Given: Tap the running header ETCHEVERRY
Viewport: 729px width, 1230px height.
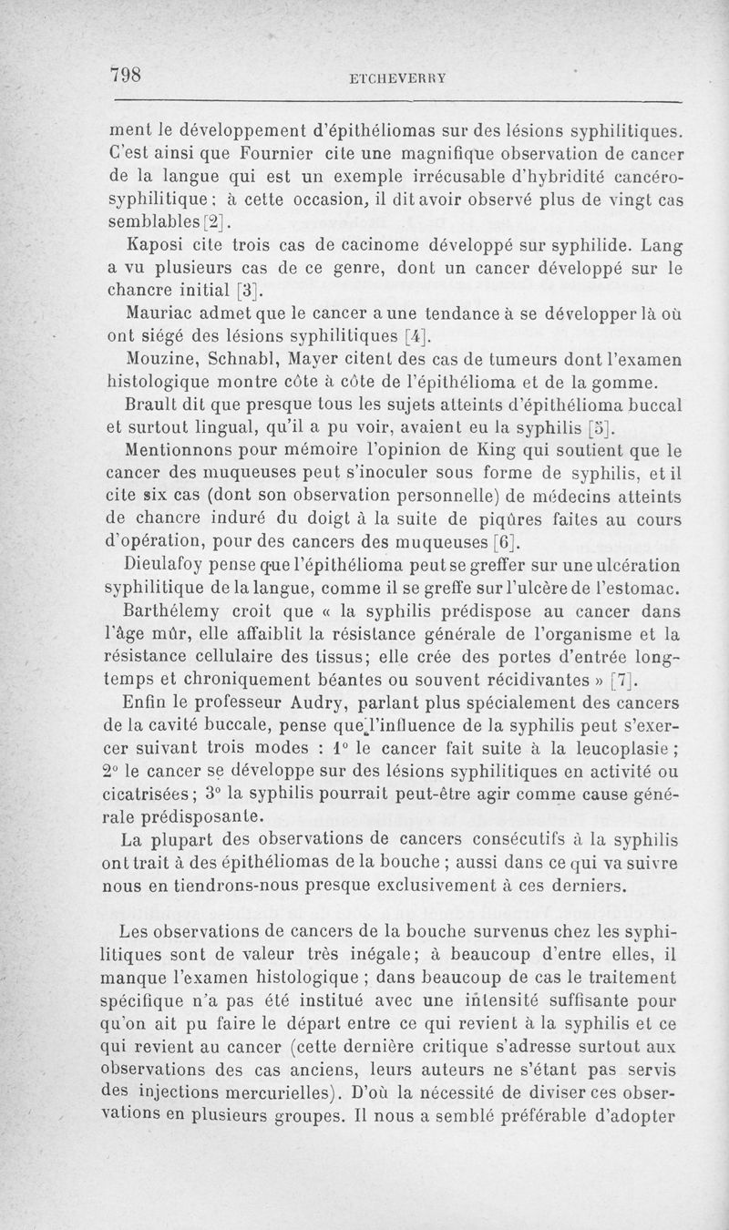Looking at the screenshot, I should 397,78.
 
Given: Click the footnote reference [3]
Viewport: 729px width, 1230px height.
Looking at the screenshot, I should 248,292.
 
